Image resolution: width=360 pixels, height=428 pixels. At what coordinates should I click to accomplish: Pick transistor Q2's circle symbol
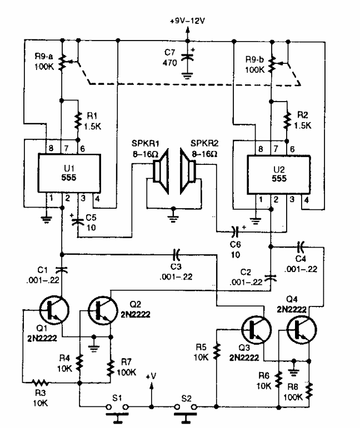[102, 310]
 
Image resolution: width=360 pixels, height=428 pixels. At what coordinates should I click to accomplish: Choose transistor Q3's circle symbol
[256, 329]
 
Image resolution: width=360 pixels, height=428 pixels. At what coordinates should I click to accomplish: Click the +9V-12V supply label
[188, 21]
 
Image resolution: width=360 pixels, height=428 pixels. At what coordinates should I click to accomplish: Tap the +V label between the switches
[152, 376]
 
